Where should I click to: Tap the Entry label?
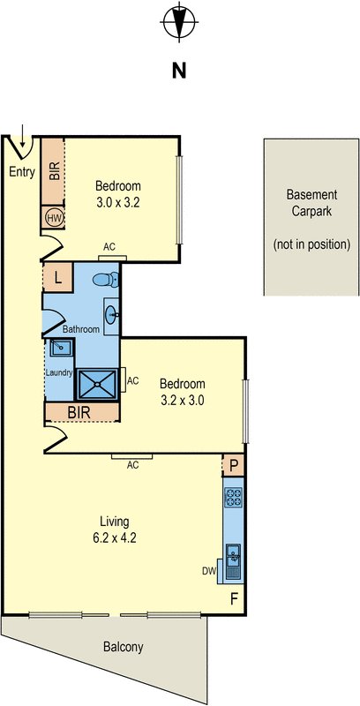tap(22, 172)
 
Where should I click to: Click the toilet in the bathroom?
tap(106, 280)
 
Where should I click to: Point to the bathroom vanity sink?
tap(111, 315)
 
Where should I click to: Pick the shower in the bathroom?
tap(97, 384)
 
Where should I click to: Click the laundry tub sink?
tap(61, 348)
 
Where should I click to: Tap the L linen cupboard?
tap(57, 277)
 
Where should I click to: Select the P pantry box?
tap(233, 466)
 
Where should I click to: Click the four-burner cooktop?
tap(234, 497)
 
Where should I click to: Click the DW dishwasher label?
tap(209, 571)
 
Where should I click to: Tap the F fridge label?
tap(234, 599)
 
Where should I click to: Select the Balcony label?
tap(124, 647)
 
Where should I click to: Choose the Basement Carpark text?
tap(311, 203)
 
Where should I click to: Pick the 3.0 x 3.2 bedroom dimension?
tap(118, 203)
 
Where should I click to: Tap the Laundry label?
tap(59, 372)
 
